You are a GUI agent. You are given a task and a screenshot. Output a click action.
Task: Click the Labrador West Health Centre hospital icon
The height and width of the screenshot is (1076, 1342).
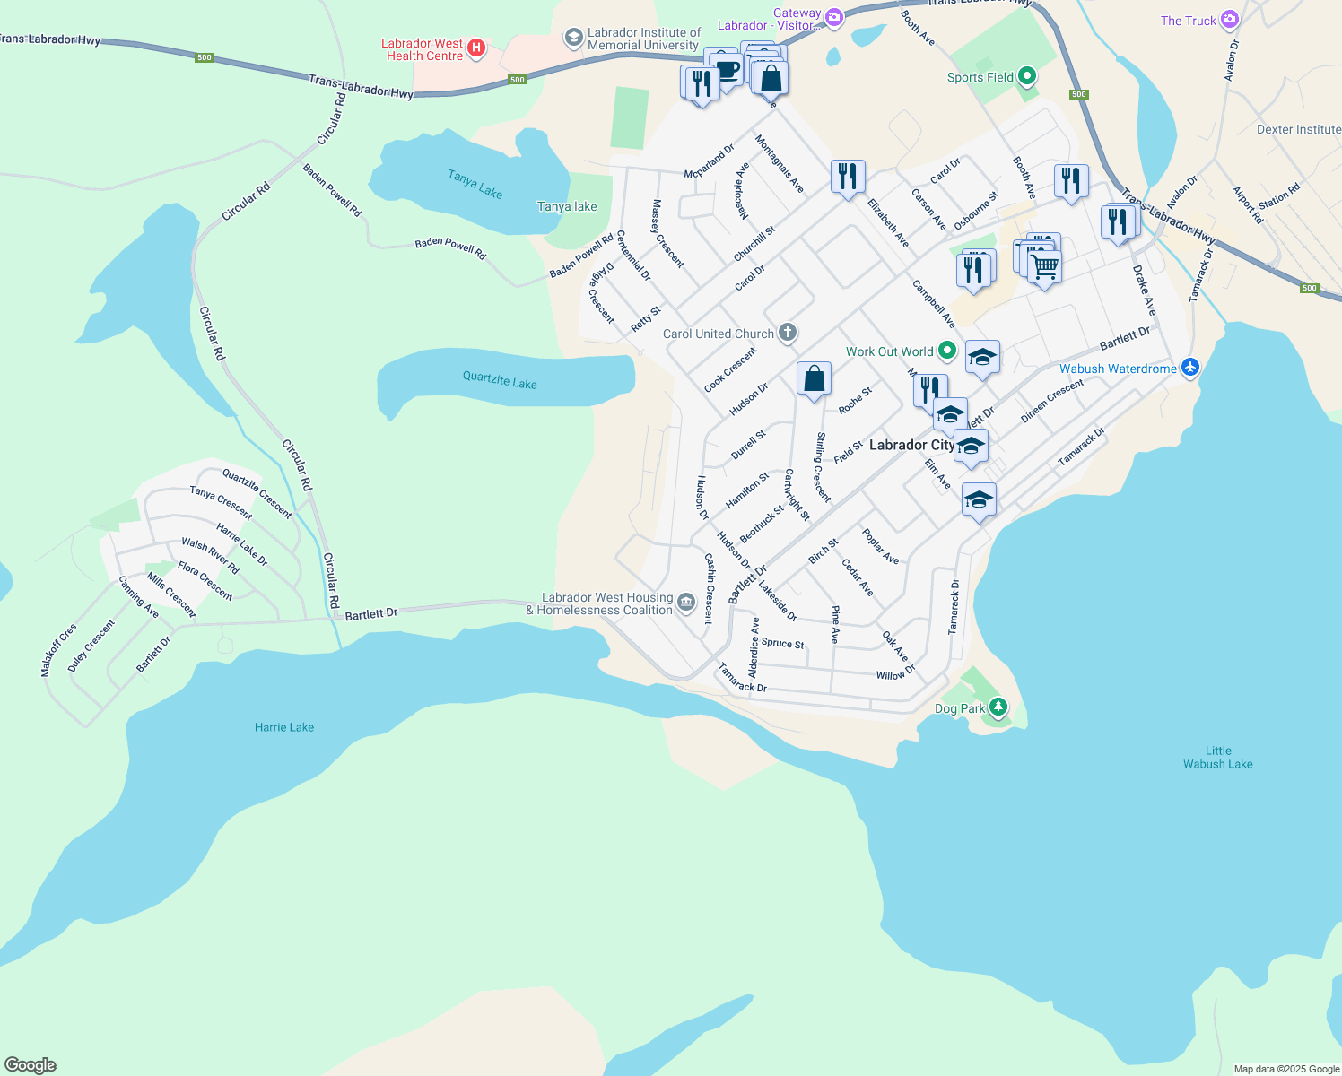(x=476, y=48)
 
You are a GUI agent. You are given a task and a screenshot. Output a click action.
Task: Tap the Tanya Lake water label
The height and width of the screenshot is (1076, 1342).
(x=475, y=185)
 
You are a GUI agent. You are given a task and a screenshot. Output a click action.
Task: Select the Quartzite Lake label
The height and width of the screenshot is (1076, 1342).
(x=500, y=380)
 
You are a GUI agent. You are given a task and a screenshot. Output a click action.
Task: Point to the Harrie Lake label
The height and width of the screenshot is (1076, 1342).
(x=283, y=727)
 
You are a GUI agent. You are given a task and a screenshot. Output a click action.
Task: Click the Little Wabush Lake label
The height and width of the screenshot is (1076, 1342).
(x=1217, y=758)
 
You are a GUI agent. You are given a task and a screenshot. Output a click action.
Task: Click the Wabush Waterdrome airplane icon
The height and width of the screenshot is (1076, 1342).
(x=1190, y=367)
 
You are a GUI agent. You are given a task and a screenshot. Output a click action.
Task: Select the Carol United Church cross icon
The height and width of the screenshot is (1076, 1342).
(x=788, y=334)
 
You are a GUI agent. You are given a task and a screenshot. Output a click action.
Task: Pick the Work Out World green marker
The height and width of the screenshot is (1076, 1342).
(x=947, y=351)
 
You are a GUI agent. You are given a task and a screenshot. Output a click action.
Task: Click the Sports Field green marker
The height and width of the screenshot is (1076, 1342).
(x=1027, y=77)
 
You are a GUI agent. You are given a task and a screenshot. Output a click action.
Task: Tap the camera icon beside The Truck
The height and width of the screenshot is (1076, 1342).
(x=1230, y=20)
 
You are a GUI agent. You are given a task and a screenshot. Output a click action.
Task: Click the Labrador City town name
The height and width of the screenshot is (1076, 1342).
(x=911, y=445)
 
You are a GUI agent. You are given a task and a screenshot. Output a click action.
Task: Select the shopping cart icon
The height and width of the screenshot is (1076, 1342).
(x=1045, y=265)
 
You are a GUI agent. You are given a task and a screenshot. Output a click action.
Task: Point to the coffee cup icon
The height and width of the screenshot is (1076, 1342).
(x=727, y=70)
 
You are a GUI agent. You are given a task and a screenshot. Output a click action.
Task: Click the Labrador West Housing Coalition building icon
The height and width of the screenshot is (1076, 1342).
(x=686, y=603)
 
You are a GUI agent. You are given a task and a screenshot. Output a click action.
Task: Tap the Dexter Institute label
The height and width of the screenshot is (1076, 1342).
(x=1298, y=129)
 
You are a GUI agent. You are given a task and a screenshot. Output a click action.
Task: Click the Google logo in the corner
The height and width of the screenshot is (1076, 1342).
(x=30, y=1065)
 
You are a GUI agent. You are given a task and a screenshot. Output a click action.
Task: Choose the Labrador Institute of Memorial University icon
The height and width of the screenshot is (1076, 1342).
(x=573, y=39)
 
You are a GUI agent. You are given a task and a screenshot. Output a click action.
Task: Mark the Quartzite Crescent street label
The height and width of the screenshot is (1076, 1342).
(x=257, y=494)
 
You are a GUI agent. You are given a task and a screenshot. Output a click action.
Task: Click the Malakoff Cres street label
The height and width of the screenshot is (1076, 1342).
(x=59, y=650)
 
